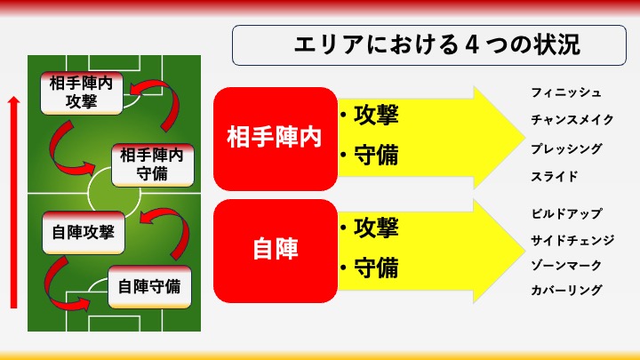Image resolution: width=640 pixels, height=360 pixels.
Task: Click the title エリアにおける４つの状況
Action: point(436,44)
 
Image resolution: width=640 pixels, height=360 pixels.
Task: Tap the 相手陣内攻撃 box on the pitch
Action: point(82,92)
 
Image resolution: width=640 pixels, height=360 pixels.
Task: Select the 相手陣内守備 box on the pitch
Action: point(153,165)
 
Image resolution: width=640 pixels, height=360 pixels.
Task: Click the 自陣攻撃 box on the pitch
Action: point(84,232)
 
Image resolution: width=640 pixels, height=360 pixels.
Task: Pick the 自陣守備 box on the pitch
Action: point(149,286)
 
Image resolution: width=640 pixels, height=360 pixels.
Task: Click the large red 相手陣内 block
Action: point(275,139)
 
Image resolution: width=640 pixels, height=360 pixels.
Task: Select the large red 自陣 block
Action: point(275,251)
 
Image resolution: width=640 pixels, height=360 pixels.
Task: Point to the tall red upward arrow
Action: point(14,202)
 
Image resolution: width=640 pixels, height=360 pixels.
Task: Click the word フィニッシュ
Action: point(566,92)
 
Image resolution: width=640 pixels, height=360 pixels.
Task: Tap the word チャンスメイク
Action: point(572,120)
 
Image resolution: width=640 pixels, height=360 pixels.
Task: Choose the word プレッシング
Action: point(566,148)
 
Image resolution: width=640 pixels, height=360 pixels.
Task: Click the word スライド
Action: point(555,176)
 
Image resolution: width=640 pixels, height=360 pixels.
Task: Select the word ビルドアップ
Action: point(566,213)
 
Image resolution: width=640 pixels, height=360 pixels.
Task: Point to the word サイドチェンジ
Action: point(572,240)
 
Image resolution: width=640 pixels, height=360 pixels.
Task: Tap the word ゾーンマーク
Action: point(566,265)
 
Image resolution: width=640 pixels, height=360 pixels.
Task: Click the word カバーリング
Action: point(566,290)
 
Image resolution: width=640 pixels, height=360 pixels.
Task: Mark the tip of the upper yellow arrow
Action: point(525,138)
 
